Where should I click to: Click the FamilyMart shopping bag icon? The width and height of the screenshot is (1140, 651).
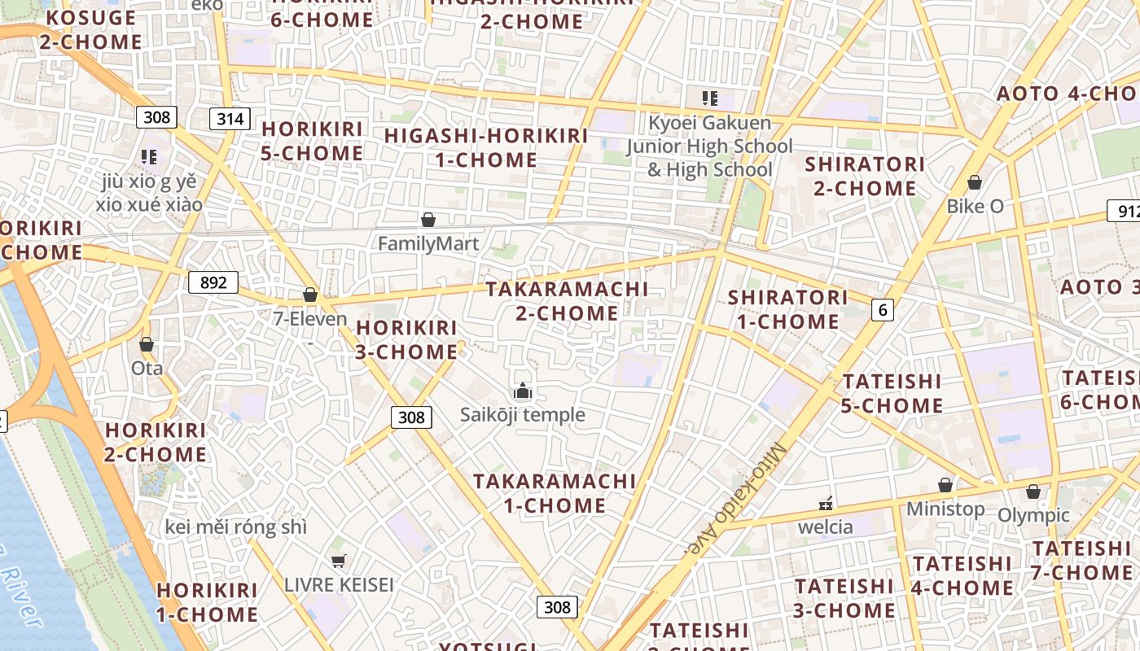pos(428,220)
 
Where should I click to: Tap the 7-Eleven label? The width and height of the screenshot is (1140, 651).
pos(310,319)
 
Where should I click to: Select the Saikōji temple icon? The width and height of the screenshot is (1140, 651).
pos(523,392)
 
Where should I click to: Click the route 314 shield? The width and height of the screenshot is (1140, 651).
pos(230,119)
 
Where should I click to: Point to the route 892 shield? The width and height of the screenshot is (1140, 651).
pos(213,282)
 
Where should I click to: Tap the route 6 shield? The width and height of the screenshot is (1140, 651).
pos(882,309)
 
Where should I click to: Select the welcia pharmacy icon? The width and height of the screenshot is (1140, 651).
pos(826,504)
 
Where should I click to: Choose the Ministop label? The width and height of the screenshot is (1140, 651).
pos(945,509)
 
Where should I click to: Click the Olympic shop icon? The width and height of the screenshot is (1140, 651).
pos(1033,492)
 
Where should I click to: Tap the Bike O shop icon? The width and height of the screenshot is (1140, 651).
pos(975,183)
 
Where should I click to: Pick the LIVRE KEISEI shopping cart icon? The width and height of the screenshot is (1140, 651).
pos(339,561)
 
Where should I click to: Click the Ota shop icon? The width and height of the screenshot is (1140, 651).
pos(147,345)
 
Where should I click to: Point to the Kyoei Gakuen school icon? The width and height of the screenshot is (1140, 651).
pos(710,99)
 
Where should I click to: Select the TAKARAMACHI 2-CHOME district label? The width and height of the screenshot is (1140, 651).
pos(568,300)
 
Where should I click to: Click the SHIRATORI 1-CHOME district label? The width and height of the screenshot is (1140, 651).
pos(787,309)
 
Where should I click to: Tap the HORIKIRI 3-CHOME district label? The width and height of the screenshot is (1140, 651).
pos(406,339)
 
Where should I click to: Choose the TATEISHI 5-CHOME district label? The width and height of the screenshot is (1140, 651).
pos(892,393)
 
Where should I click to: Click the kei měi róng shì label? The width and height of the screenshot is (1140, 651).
pos(236,527)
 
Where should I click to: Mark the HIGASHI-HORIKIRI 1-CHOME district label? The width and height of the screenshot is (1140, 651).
pos(486,147)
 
